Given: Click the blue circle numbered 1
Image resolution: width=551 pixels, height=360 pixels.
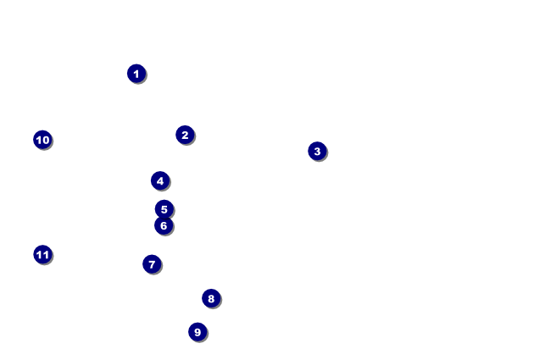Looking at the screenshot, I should click(136, 74).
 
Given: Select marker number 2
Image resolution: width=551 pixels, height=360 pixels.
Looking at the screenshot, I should click(185, 135).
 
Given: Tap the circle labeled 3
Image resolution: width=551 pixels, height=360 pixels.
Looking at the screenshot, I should click(317, 151).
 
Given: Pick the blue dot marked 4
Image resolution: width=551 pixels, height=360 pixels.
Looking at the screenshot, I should click(160, 180).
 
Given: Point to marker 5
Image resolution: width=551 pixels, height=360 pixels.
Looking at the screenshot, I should click(164, 208).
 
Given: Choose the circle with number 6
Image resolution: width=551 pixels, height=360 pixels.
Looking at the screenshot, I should click(164, 225).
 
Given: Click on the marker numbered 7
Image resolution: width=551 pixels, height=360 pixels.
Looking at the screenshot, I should click(152, 264).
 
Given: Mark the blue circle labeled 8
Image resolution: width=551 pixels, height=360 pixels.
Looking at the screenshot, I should click(211, 298).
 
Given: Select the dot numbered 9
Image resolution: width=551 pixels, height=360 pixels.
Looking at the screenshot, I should click(198, 332).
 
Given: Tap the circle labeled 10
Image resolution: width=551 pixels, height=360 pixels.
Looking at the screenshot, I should click(42, 140).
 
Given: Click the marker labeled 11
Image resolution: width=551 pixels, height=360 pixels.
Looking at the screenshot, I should click(42, 254).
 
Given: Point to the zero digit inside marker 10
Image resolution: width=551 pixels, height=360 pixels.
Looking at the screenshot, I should click(46, 140).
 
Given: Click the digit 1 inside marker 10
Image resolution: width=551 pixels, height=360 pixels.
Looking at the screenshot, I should click(39, 140).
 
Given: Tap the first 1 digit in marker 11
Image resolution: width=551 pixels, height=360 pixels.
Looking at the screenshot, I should click(39, 254).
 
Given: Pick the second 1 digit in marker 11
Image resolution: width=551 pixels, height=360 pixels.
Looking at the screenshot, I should click(46, 254).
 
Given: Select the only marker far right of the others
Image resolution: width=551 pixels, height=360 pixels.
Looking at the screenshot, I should click(317, 151).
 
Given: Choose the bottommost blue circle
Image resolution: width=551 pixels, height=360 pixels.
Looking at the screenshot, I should click(198, 332).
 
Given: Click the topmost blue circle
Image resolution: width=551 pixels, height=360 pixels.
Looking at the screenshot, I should click(136, 74).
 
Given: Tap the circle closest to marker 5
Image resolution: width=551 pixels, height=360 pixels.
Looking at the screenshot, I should click(164, 225).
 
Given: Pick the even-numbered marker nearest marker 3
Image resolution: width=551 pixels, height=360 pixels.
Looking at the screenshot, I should click(185, 135).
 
